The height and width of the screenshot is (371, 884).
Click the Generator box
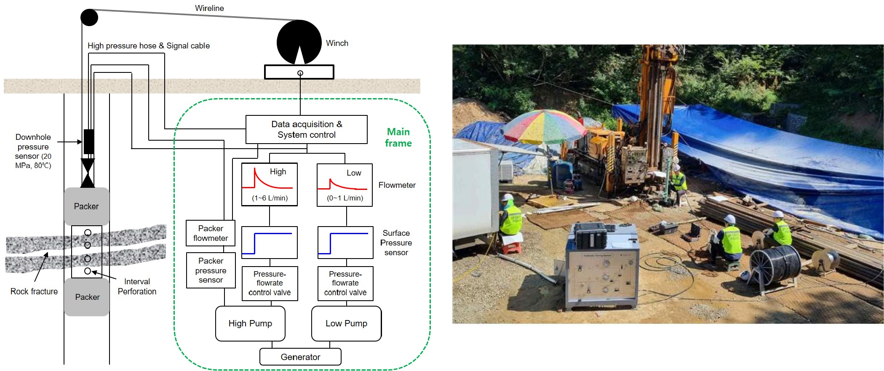coord(300,357)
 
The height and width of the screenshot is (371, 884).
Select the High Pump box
coord(250,323)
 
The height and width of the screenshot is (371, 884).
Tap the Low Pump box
coord(346,323)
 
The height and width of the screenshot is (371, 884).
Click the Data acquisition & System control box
coord(306,129)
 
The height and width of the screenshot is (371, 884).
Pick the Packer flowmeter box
coord(211,233)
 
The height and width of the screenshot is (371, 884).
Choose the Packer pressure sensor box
coord(211,270)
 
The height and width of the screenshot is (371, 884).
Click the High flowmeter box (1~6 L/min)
coord(270,184)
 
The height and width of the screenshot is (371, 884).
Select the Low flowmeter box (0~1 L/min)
coord(345,185)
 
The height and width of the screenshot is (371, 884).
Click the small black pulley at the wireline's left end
coord(89,17)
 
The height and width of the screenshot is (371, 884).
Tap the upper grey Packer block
coord(87,206)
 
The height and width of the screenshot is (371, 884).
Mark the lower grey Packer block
coord(87,297)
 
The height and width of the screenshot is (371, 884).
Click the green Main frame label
coord(398,138)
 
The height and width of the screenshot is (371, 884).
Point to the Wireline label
coord(209,8)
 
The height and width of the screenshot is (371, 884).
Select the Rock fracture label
coord(34,291)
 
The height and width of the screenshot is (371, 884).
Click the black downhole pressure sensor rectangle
coord(89,141)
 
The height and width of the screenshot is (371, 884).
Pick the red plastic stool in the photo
coord(510,247)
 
